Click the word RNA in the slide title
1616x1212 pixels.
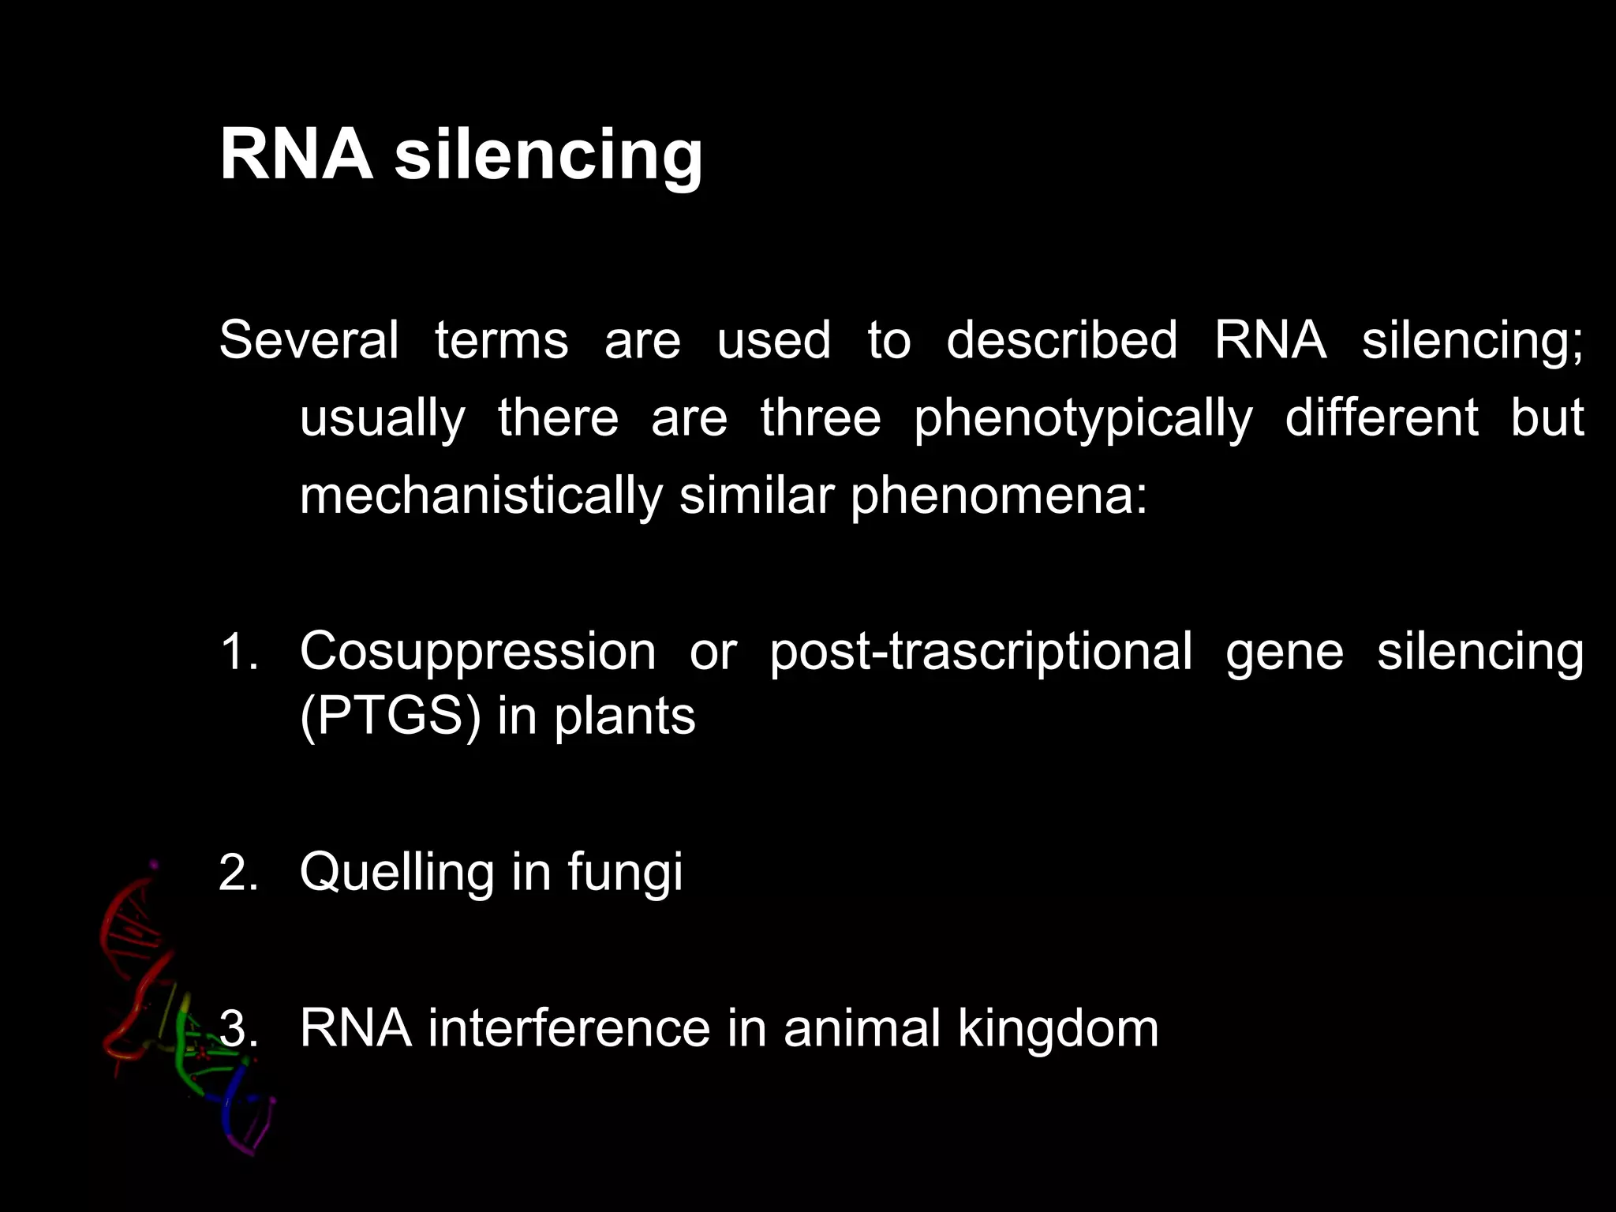(x=296, y=154)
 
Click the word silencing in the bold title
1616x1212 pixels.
(x=548, y=154)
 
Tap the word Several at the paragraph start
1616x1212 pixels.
(x=309, y=340)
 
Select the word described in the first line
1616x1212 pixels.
(x=1061, y=340)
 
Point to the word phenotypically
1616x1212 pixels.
(x=1083, y=418)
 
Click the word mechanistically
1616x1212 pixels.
(x=481, y=496)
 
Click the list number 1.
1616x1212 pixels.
(x=238, y=653)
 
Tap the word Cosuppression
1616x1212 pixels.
(x=477, y=653)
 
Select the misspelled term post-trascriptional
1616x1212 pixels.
(x=980, y=653)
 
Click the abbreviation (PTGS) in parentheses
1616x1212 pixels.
(x=390, y=716)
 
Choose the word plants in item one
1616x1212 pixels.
(x=624, y=716)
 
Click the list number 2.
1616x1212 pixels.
(x=238, y=873)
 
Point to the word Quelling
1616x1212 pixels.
(x=397, y=872)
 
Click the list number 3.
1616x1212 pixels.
(x=238, y=1029)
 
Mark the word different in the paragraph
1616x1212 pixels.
(x=1381, y=418)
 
